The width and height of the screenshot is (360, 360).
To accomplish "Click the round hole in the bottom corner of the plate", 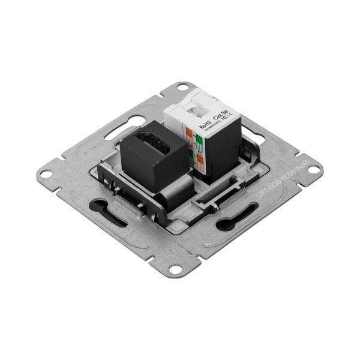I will coord(175,269).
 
